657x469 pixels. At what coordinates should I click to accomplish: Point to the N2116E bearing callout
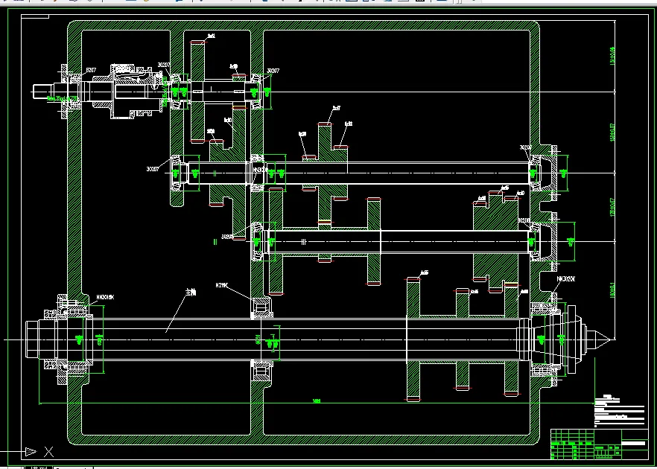tap(222, 285)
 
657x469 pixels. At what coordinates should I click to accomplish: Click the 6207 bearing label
tap(92, 70)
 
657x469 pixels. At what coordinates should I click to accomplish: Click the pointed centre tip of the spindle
tap(609, 339)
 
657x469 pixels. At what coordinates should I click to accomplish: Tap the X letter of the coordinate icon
tap(49, 450)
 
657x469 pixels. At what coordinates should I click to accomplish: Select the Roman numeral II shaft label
tap(215, 241)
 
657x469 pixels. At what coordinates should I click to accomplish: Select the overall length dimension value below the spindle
tap(317, 402)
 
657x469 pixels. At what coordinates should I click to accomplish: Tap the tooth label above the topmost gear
tap(212, 36)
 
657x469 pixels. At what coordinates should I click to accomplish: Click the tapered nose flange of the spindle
tap(571, 339)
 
